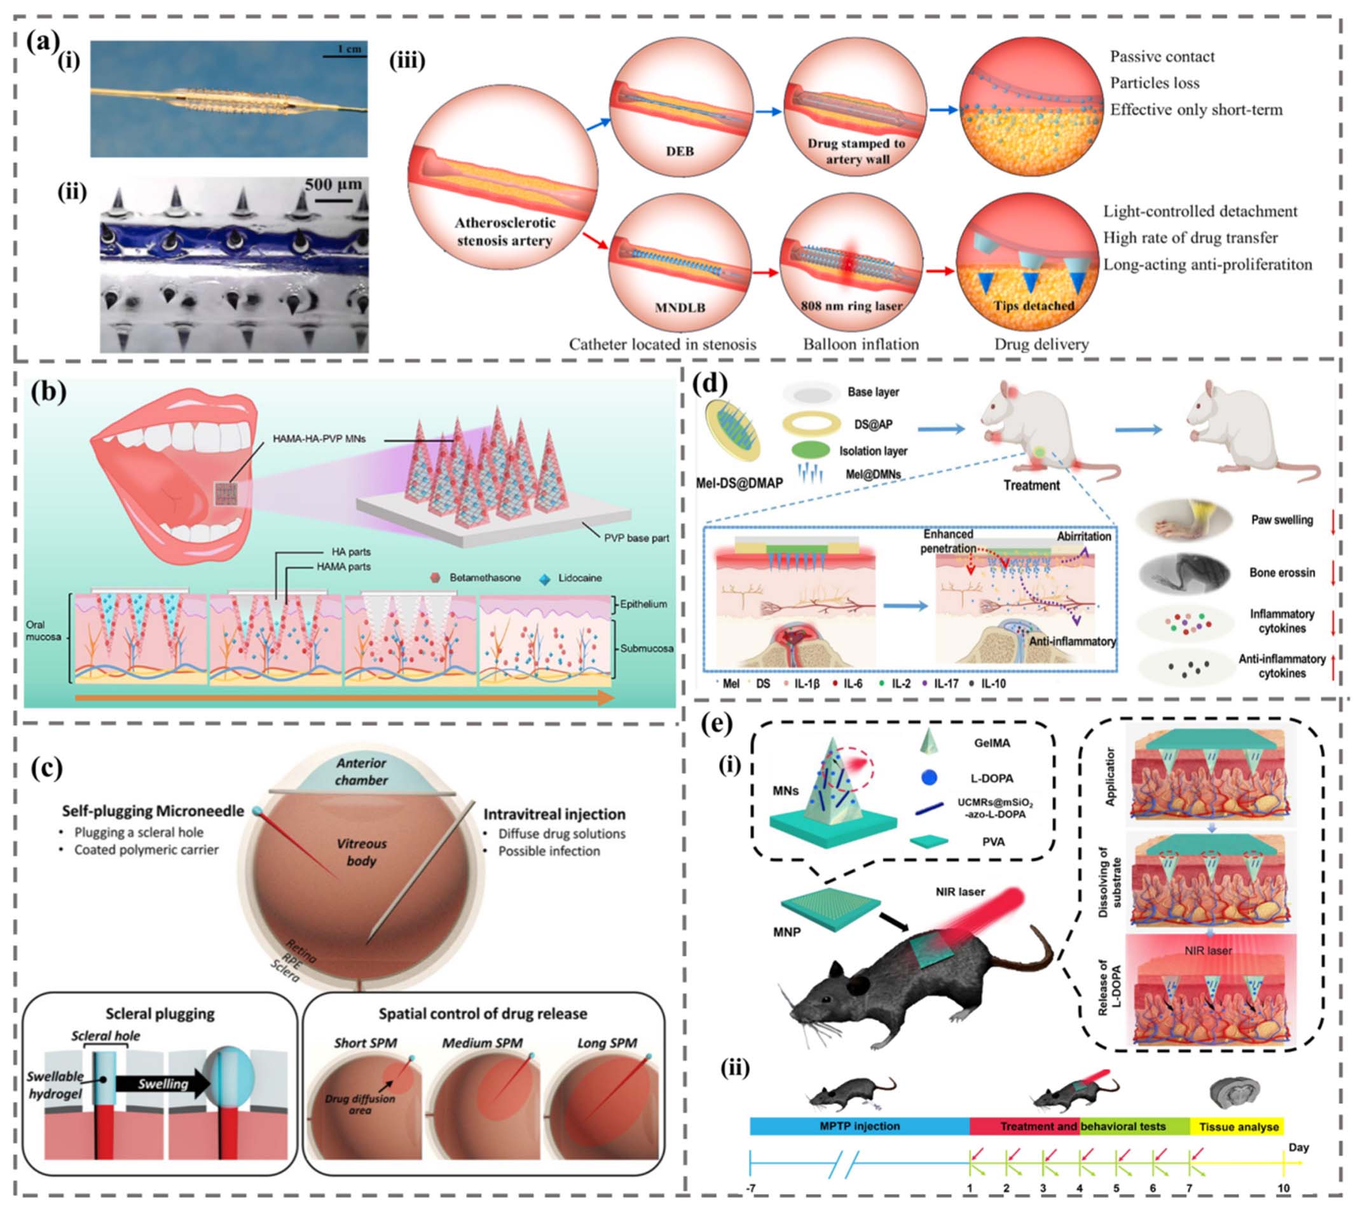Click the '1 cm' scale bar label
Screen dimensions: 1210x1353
click(349, 48)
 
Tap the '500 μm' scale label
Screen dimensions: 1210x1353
click(333, 185)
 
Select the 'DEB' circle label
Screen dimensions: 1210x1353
click(679, 152)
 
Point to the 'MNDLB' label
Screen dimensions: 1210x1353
click(679, 308)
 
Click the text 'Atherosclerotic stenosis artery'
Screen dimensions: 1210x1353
click(504, 231)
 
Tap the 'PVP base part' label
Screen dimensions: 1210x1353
click(636, 538)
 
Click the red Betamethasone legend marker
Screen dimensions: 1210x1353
click(435, 578)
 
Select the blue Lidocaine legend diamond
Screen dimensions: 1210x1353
click(545, 578)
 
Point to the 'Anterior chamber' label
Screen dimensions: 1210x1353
click(361, 772)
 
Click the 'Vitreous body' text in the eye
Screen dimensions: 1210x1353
click(361, 852)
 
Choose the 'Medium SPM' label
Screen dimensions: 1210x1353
click(483, 1043)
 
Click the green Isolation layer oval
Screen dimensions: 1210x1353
click(810, 451)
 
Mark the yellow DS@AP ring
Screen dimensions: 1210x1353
click(810, 423)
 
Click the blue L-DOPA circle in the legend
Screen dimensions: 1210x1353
click(929, 777)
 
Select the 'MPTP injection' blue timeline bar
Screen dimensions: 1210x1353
click(859, 1126)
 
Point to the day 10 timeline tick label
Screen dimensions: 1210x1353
click(1282, 1188)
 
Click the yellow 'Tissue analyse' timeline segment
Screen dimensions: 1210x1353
click(1238, 1126)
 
